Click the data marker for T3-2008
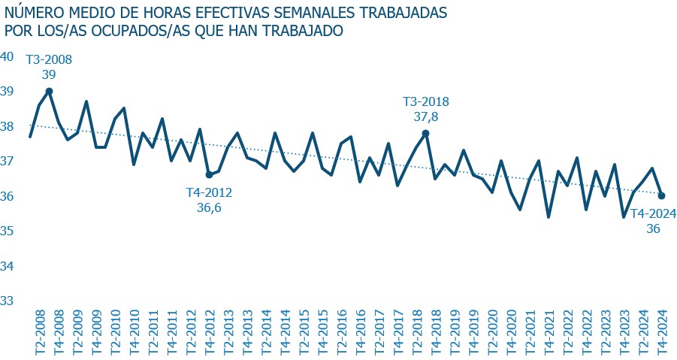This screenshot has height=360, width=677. pos(49,91)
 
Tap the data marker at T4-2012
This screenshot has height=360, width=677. pos(209,174)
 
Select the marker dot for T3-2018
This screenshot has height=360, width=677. pos(425,133)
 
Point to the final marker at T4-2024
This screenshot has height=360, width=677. pos(661,195)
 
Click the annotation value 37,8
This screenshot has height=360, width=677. pos(426,116)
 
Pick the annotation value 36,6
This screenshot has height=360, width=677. pos(209,207)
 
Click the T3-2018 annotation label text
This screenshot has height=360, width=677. pos(426,101)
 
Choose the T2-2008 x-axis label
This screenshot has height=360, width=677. pos(40,331)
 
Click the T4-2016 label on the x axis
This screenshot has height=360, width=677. pos(361,331)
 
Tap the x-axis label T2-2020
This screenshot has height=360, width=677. pos(492,331)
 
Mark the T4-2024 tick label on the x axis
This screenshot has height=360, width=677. pos(662,331)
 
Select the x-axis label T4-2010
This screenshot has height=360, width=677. pos(134,331)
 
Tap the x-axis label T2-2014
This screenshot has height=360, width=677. pos(266,331)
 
